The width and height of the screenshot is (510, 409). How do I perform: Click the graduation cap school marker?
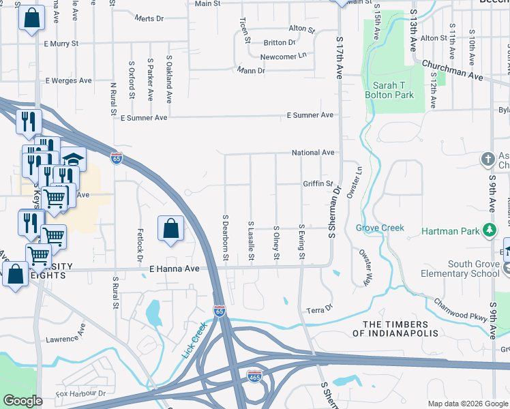pyautogui.click(x=73, y=159)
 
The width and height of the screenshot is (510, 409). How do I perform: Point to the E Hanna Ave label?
pyautogui.click(x=175, y=269)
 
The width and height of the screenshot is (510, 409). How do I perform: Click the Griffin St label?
pyautogui.click(x=318, y=184)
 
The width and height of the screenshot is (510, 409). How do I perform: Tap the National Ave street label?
pyautogui.click(x=313, y=153)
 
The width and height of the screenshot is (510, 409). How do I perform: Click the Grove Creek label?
pyautogui.click(x=380, y=228)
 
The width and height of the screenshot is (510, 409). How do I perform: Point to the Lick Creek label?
pyautogui.click(x=194, y=341)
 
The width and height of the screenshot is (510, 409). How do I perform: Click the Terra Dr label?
pyautogui.click(x=318, y=309)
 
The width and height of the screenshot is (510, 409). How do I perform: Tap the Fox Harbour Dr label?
pyautogui.click(x=81, y=393)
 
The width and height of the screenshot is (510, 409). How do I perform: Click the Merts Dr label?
pyautogui.click(x=150, y=18)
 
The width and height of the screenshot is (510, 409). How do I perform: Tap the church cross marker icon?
pyautogui.click(x=487, y=159)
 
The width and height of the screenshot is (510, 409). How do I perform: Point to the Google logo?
pyautogui.click(x=22, y=401)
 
